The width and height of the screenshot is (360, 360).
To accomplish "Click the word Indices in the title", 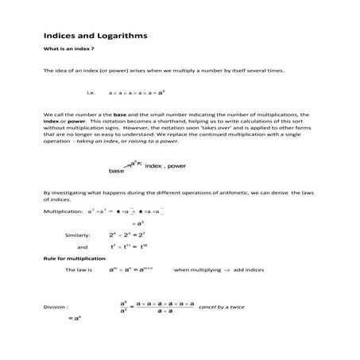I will point(59,36).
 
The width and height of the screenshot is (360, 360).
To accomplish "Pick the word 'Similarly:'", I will point(78,235).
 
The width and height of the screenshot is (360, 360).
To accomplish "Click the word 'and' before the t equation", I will point(82,246).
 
